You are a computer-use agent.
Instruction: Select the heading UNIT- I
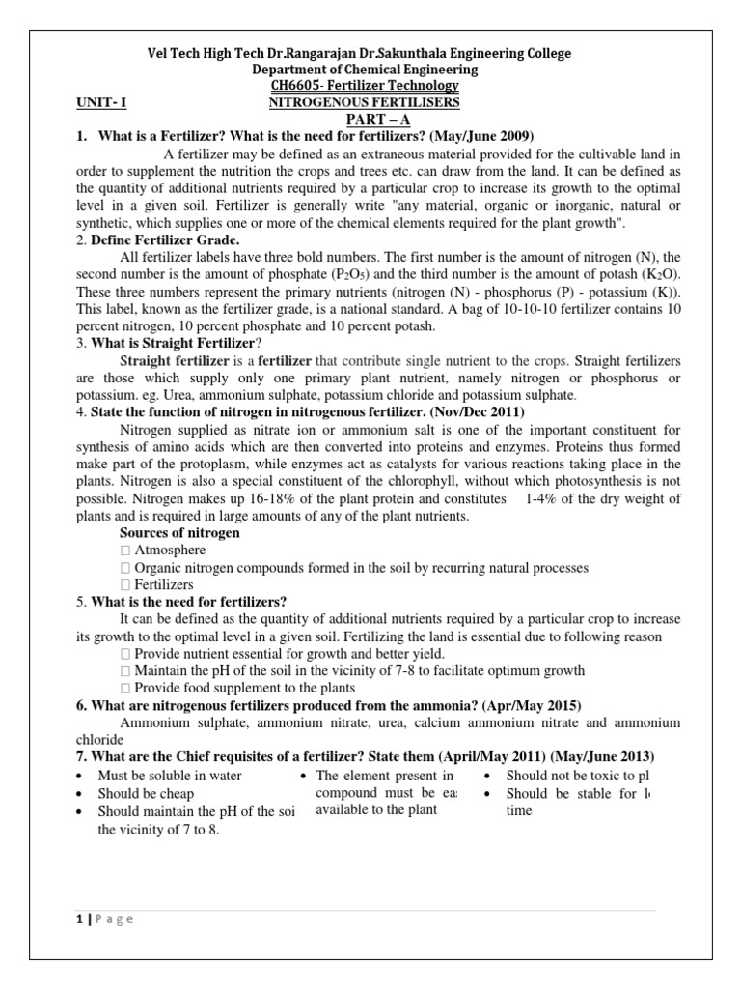pos(101,102)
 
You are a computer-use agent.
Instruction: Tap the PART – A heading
pos(364,119)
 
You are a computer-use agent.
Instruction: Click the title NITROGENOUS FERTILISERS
pos(364,102)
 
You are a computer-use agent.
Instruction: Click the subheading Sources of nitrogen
pos(179,533)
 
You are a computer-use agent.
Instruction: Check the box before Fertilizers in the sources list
pos(124,585)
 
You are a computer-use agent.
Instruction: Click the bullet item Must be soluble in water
pos(170,776)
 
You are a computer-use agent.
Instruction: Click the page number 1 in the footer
pos(78,918)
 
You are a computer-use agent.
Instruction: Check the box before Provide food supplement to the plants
pos(124,688)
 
